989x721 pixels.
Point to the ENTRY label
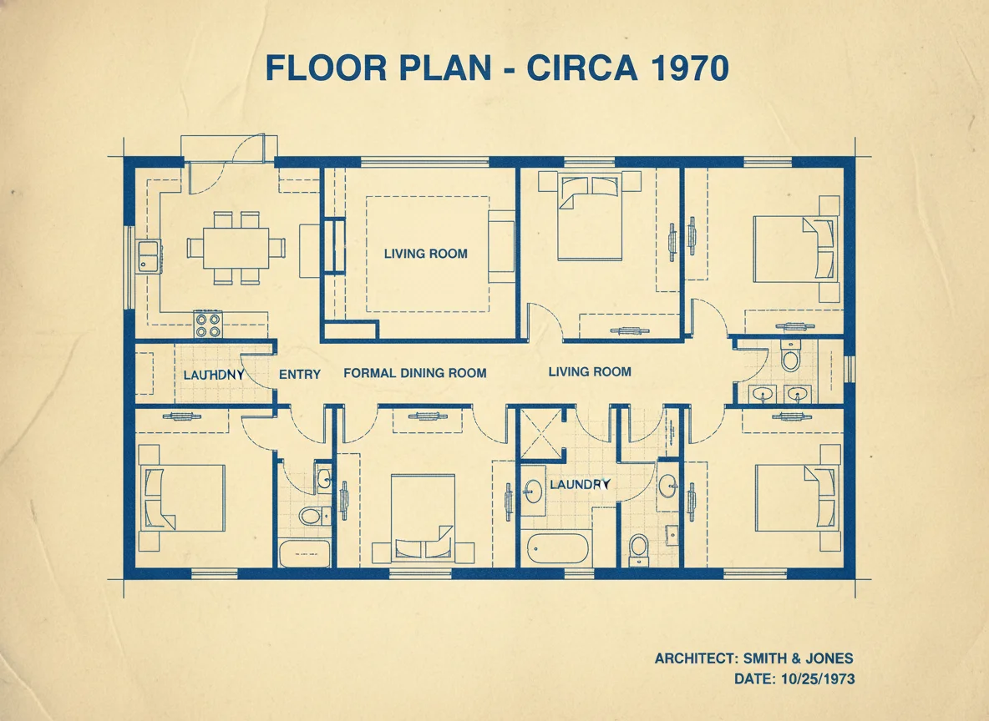coord(299,375)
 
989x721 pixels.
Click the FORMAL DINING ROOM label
coord(414,373)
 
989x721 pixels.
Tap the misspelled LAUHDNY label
coord(214,376)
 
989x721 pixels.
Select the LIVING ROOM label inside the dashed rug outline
coord(425,254)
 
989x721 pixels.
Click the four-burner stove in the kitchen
coord(208,324)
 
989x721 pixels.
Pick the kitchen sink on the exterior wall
coord(149,256)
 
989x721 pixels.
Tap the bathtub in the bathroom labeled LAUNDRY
coord(558,547)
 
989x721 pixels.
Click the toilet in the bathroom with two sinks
coord(789,357)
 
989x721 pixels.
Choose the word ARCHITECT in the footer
coord(692,658)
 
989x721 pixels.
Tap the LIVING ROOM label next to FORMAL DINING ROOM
coord(589,371)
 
